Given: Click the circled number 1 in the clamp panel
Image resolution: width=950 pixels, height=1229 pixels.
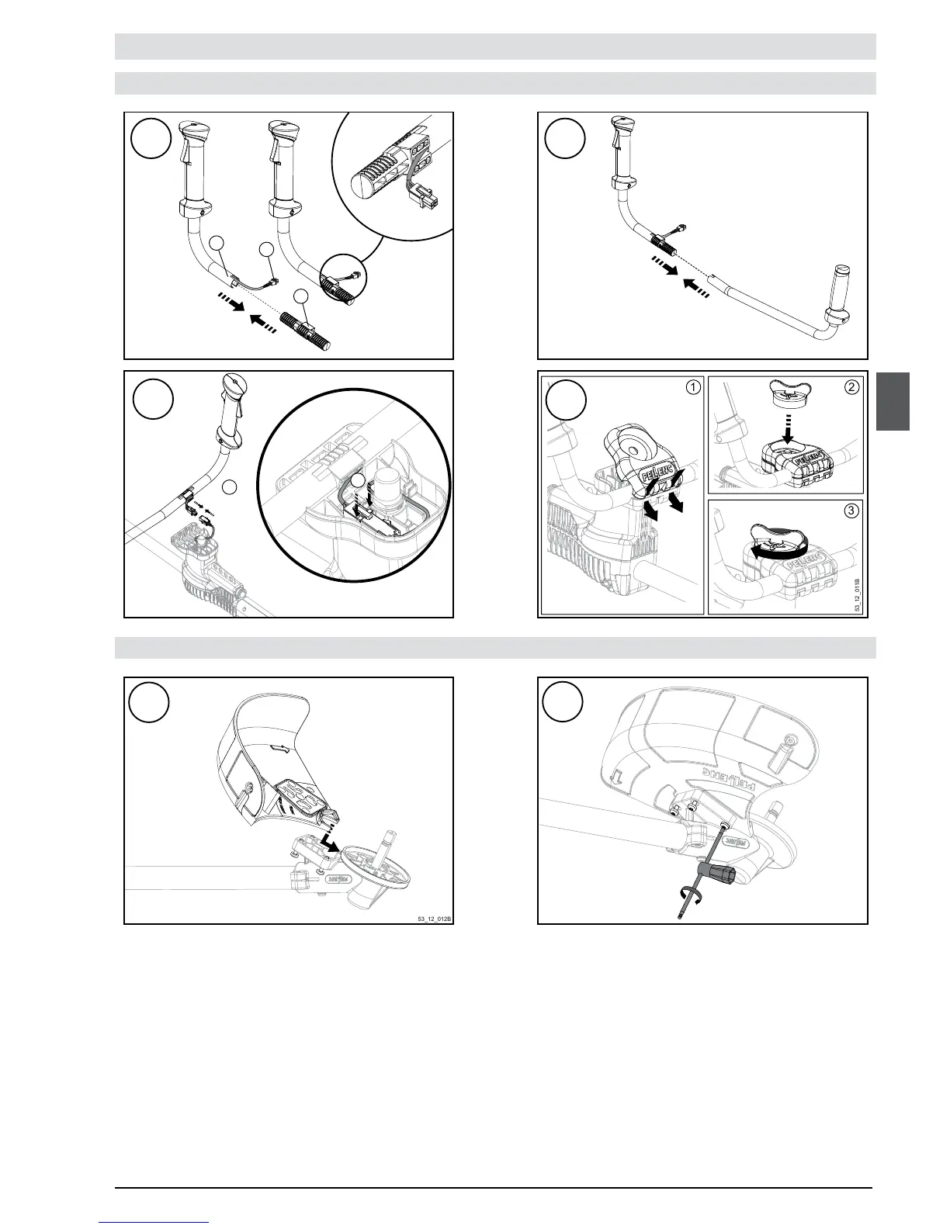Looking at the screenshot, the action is (x=693, y=386).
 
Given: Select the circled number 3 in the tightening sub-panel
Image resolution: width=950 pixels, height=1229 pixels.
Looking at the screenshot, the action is (x=852, y=511).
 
